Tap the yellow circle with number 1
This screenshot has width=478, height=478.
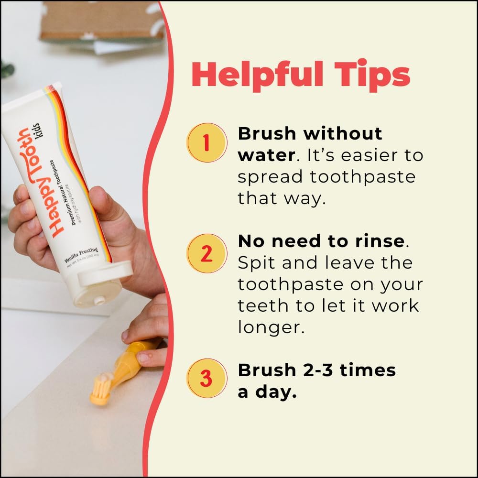[x=206, y=142]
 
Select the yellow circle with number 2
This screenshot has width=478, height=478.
[x=206, y=253]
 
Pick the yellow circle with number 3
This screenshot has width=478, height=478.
[x=206, y=378]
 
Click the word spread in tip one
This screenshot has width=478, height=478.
[x=270, y=177]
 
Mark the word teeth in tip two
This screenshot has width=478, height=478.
[x=261, y=305]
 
